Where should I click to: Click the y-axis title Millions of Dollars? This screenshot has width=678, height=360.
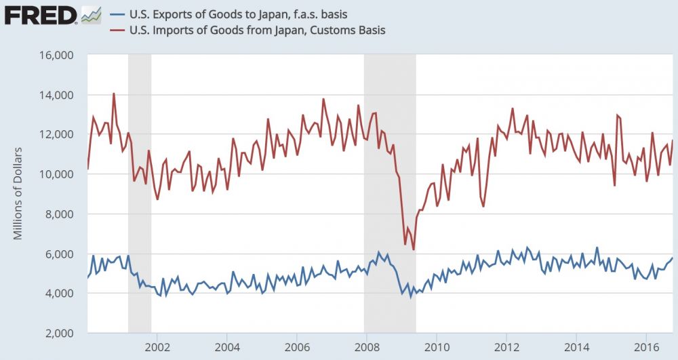click(18, 193)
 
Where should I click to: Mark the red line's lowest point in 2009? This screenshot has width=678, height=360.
click(413, 249)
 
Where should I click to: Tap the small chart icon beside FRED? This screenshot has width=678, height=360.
click(91, 14)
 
